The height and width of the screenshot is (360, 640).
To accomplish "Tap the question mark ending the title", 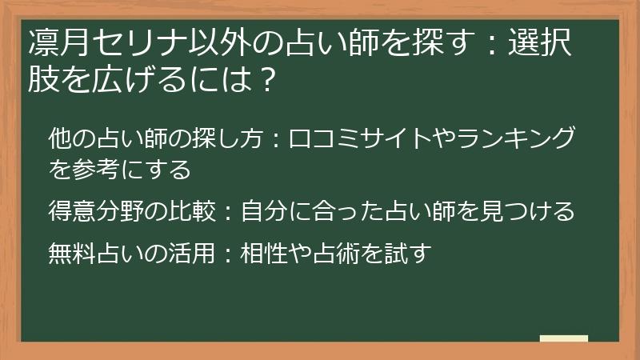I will [270, 79].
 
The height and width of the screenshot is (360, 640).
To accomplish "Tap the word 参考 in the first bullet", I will [96, 170].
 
